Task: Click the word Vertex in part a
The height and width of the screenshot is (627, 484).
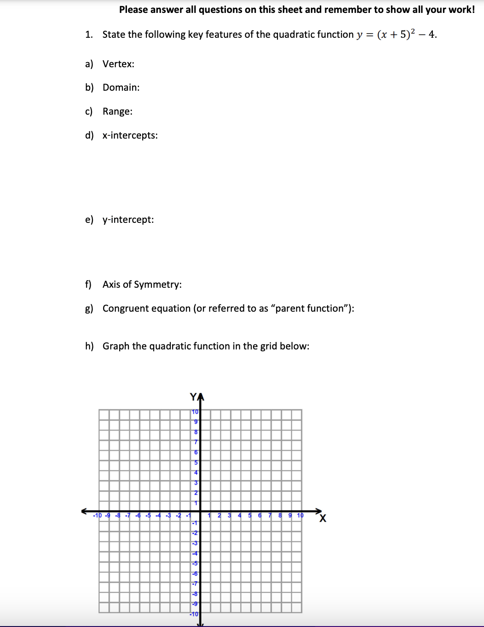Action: click(x=118, y=64)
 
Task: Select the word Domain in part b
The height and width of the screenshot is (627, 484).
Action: click(x=121, y=87)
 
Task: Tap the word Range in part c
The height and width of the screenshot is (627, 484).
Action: click(x=117, y=111)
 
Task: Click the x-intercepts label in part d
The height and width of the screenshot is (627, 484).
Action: click(x=130, y=135)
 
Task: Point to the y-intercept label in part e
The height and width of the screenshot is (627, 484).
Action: click(x=128, y=220)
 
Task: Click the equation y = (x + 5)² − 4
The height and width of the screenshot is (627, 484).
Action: click(x=397, y=35)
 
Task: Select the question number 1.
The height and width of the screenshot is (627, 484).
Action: click(x=89, y=35)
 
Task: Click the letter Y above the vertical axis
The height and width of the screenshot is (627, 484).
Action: click(x=193, y=396)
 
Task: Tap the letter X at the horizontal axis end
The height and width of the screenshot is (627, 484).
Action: click(x=323, y=519)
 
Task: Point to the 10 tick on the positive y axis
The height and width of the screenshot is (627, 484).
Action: click(x=195, y=412)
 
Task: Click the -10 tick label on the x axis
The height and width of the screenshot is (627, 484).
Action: click(x=97, y=516)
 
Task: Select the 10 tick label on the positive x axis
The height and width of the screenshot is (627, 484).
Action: click(x=300, y=516)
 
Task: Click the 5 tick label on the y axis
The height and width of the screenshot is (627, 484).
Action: click(x=196, y=462)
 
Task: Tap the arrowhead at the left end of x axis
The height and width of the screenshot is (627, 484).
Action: click(x=85, y=511)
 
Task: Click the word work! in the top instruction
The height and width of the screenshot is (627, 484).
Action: click(x=461, y=10)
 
